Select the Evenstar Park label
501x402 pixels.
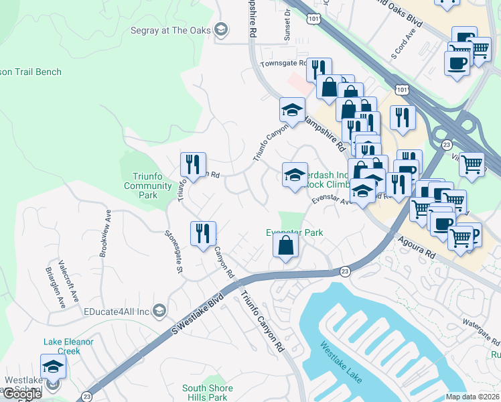pyautogui.click(x=295, y=232)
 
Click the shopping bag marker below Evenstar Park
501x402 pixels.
pyautogui.click(x=285, y=245)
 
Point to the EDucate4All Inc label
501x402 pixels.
pyautogui.click(x=116, y=311)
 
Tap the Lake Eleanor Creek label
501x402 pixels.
pyautogui.click(x=70, y=346)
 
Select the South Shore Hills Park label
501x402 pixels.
pyautogui.click(x=208, y=392)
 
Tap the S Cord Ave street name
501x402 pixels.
pyautogui.click(x=399, y=40)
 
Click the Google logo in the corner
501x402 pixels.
pyautogui.click(x=22, y=394)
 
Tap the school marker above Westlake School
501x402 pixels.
pyautogui.click(x=53, y=368)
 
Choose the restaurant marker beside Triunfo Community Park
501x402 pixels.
pyautogui.click(x=193, y=165)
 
